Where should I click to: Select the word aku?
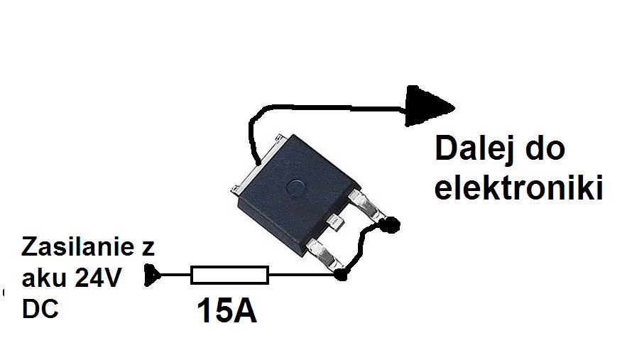pos(44,279)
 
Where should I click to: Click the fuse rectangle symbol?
pos(229,275)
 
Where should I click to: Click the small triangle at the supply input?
pos(152,275)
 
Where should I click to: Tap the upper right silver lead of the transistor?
pos(371,206)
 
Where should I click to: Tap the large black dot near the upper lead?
pos(390,226)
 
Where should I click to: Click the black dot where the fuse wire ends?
pos(343,274)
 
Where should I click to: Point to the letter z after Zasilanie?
pos(148,249)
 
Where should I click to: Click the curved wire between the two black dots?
pos(361,249)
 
